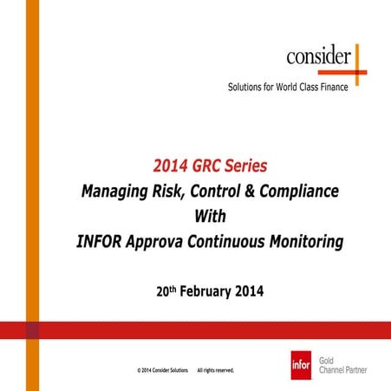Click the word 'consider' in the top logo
point(319,58)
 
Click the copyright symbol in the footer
point(140,370)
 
